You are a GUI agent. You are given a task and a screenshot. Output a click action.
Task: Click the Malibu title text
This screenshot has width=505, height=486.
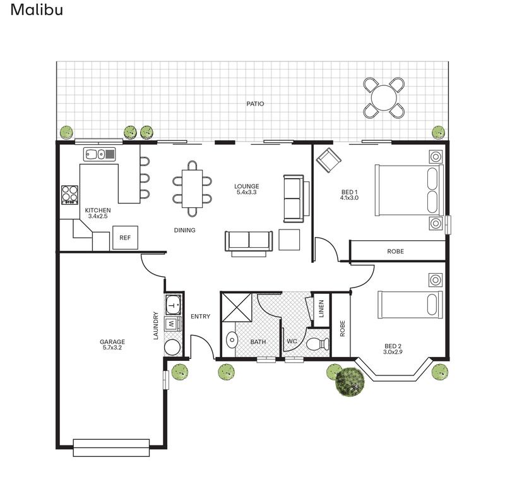[37, 10]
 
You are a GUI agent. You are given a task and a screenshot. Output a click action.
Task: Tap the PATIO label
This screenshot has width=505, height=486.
[255, 104]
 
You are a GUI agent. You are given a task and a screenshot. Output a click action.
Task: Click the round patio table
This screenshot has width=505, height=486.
[383, 98]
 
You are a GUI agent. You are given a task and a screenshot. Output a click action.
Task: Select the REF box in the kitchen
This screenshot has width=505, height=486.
[125, 238]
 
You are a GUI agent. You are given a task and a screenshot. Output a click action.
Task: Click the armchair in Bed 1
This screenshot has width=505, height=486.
[328, 161]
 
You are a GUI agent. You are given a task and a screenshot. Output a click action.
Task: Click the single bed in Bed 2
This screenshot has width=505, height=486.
[410, 305]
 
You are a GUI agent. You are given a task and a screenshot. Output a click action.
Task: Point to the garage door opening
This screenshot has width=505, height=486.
[111, 447]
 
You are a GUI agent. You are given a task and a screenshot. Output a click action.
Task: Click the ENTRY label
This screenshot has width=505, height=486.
[200, 317]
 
